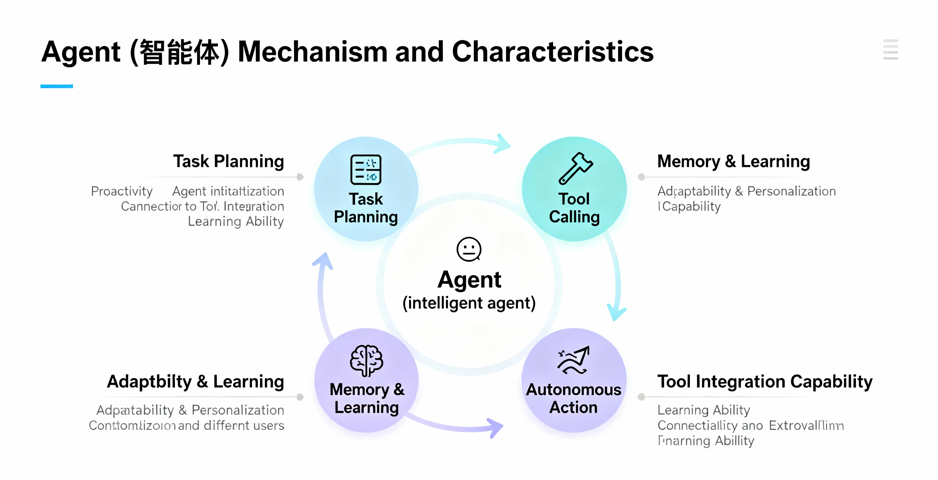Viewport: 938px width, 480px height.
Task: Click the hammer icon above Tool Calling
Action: (576, 168)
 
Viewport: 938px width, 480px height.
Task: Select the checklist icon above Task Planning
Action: (366, 170)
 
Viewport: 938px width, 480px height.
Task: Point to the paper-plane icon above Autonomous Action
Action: (574, 360)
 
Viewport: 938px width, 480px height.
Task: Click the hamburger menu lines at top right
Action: (890, 50)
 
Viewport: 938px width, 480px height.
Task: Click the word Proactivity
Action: (122, 191)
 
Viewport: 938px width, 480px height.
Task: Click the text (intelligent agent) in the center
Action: (469, 303)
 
